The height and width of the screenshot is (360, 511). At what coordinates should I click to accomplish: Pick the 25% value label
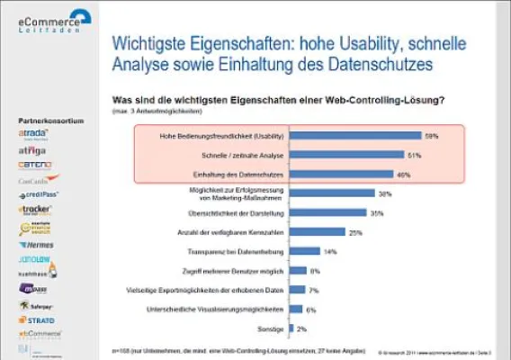(x=354, y=232)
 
